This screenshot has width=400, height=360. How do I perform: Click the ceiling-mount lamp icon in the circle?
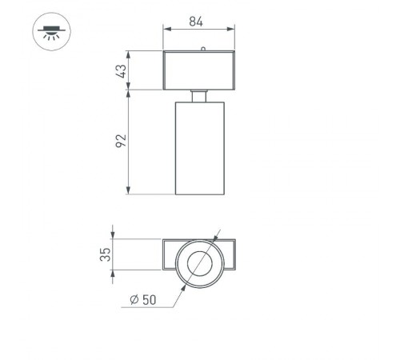click(x=50, y=33)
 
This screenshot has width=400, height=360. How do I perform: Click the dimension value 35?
click(x=105, y=257)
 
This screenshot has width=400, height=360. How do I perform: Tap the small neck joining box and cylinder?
click(x=199, y=96)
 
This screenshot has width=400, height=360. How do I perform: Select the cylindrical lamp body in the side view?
click(x=199, y=148)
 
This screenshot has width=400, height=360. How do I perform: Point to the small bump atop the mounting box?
click(x=204, y=50)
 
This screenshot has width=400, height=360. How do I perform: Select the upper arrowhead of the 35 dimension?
click(x=114, y=242)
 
